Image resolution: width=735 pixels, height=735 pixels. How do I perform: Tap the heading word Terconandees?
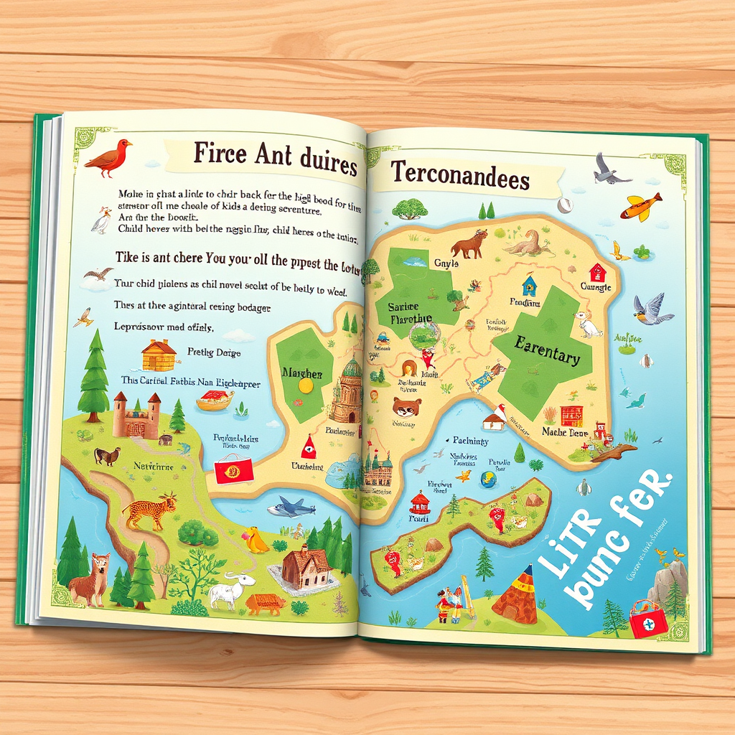pyautogui.click(x=460, y=177)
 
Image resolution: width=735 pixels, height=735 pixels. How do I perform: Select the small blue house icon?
pyautogui.click(x=530, y=284)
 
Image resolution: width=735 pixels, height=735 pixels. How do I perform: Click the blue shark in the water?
pyautogui.click(x=291, y=508)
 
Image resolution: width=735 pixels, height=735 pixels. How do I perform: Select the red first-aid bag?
pyautogui.click(x=649, y=619)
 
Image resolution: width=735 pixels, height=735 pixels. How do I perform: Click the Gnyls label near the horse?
pyautogui.click(x=446, y=263)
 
